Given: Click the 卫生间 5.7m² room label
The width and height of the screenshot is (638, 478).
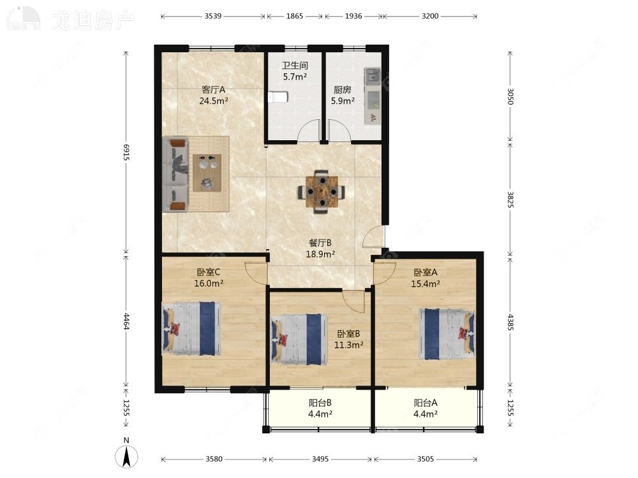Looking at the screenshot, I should click(x=295, y=71).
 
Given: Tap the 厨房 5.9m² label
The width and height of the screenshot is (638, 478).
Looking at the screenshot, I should click(x=342, y=95).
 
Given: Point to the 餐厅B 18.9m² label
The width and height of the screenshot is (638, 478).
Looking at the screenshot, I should click(x=320, y=248).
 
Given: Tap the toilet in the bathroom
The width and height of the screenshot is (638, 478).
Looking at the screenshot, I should click(x=278, y=97).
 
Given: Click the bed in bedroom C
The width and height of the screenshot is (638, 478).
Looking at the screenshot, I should click(x=192, y=328).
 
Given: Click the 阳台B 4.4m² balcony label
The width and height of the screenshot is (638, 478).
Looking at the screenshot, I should click(x=320, y=408).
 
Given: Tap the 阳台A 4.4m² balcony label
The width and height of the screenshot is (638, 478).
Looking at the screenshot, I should click(x=426, y=408).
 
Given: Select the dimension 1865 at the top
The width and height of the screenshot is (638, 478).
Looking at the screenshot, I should click(x=295, y=16).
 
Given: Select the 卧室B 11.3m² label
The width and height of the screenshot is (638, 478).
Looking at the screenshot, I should click(x=350, y=339).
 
